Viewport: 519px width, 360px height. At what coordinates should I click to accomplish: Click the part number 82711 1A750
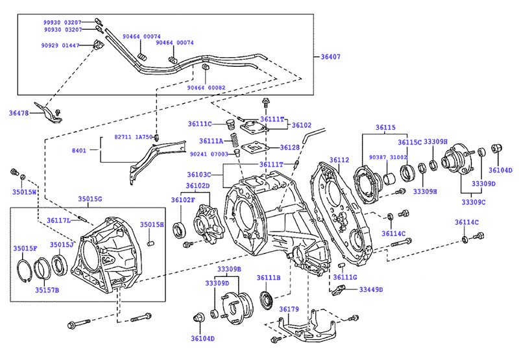tap(134, 138)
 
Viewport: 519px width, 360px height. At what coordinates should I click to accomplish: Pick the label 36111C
tap(200, 124)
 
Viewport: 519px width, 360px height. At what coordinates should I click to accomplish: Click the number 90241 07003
tap(209, 154)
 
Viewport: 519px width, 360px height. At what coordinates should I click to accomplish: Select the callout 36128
tap(289, 148)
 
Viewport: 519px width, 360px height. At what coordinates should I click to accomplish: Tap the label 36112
tap(339, 160)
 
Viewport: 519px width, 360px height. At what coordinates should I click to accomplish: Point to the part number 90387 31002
tap(388, 158)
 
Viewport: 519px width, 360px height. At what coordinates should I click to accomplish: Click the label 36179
tap(289, 309)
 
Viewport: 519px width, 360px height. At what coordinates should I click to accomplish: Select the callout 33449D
tap(371, 289)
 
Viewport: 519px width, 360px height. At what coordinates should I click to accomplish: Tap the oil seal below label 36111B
tap(265, 300)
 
